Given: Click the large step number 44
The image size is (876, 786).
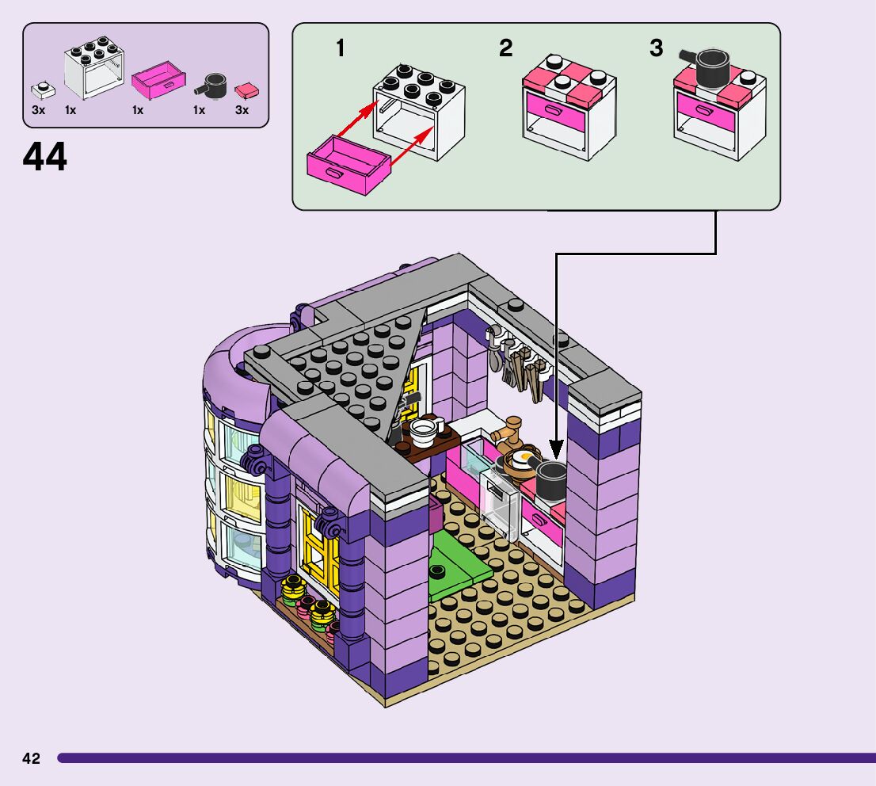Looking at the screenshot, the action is point(45,157).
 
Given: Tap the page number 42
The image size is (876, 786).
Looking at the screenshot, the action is point(31,758).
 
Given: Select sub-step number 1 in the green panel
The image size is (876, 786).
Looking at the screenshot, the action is point(341,48).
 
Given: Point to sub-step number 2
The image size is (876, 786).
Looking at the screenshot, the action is point(505,48).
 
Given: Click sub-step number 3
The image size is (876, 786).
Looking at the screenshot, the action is point(656,48).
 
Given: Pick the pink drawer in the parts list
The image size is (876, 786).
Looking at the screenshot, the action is point(158,80).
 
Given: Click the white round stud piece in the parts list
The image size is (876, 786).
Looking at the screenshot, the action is point(40,90).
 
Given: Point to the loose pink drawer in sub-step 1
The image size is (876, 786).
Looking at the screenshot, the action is point(348,164).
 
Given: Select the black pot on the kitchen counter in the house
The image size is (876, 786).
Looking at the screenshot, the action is point(550,479).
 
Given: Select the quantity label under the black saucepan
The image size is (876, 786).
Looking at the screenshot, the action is point(199,111).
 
